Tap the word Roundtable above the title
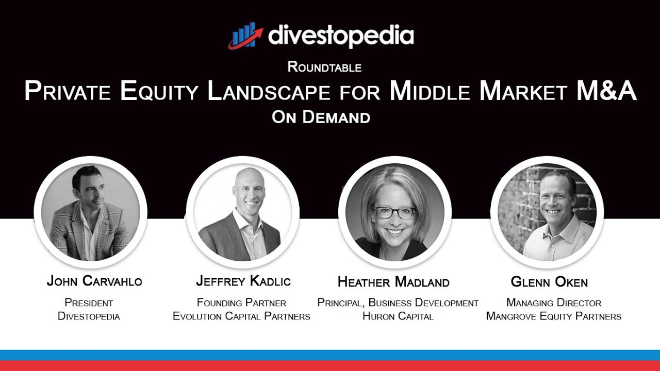click(x=324, y=67)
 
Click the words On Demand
click(x=321, y=117)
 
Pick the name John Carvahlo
click(x=94, y=281)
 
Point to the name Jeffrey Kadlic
click(x=243, y=281)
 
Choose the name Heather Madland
click(x=393, y=282)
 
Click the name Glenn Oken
click(x=549, y=282)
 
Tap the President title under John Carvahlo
click(x=89, y=302)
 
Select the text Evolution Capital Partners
click(x=241, y=316)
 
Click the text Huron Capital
click(x=398, y=316)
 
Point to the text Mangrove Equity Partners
click(x=554, y=316)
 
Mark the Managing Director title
click(x=554, y=302)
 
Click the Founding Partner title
click(x=241, y=302)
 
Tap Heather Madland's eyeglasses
click(x=394, y=212)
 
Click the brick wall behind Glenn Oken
click(x=514, y=206)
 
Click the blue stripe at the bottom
click(x=330, y=355)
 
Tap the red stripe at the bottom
click(x=330, y=366)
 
